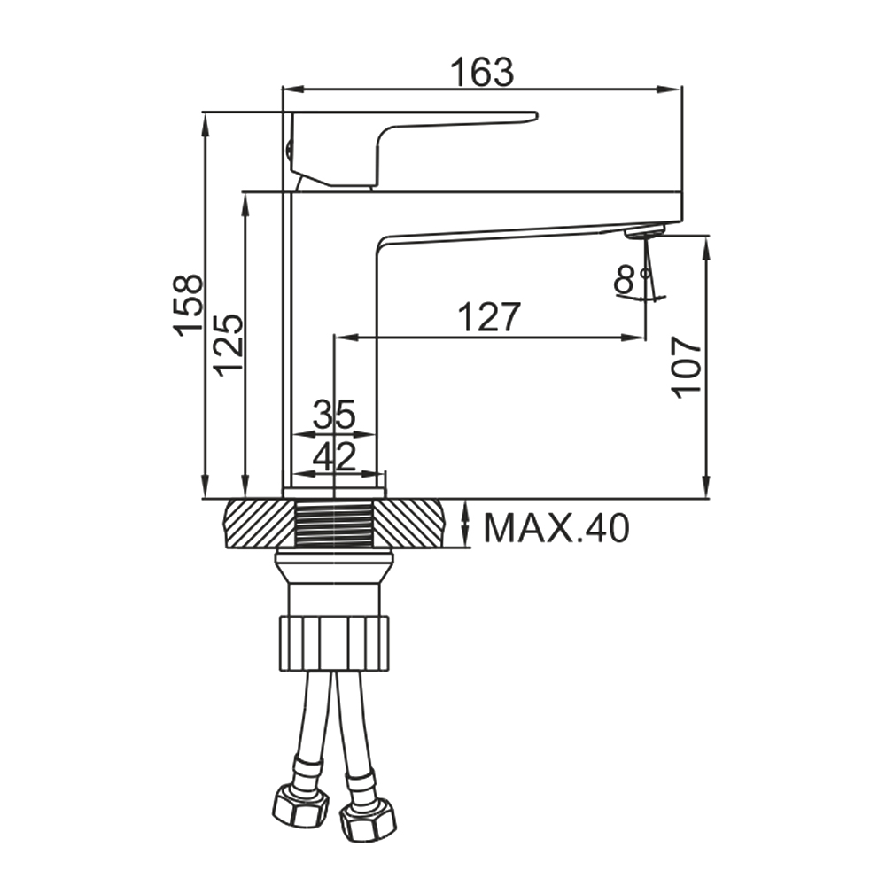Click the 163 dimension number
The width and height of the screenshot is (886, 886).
pyautogui.click(x=482, y=72)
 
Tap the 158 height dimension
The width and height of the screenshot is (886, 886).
pyautogui.click(x=188, y=305)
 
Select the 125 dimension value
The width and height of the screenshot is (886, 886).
pyautogui.click(x=229, y=345)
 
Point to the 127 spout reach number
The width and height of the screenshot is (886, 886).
pyautogui.click(x=489, y=317)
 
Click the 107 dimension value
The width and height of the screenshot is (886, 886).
pyautogui.click(x=686, y=368)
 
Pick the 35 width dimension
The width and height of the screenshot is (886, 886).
pyautogui.click(x=334, y=414)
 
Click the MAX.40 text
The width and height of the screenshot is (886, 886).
pyautogui.click(x=556, y=528)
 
